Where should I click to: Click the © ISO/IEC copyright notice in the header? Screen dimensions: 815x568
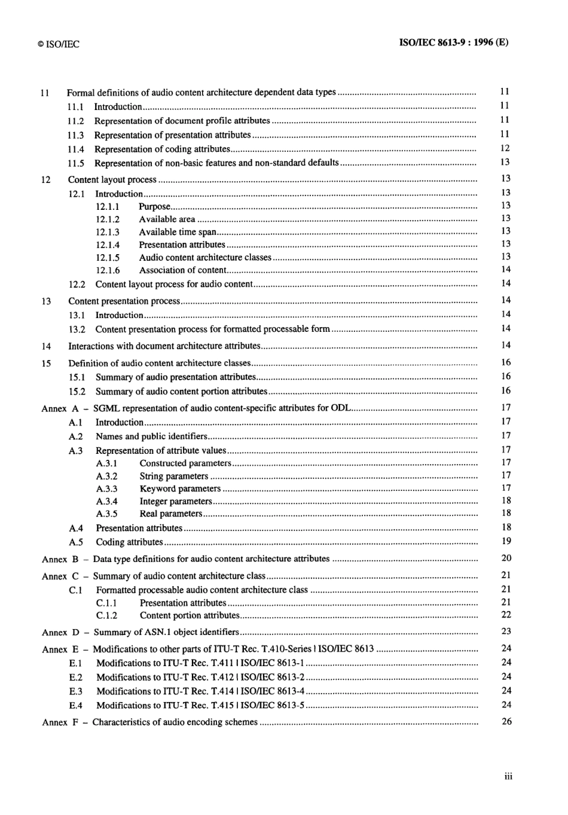pyautogui.click(x=58, y=44)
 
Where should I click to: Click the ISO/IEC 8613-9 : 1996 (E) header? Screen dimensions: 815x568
pyautogui.click(x=453, y=43)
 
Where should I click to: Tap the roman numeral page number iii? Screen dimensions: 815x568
pyautogui.click(x=508, y=776)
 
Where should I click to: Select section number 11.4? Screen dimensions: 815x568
pyautogui.click(x=75, y=149)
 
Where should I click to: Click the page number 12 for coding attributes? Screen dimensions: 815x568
pyautogui.click(x=505, y=148)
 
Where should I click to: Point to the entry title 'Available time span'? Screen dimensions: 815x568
pyautogui.click(x=178, y=232)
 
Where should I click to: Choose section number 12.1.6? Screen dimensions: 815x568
pyautogui.click(x=108, y=270)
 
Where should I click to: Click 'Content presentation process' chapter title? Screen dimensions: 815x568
pyautogui.click(x=124, y=301)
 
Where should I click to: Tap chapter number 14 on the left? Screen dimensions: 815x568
pyautogui.click(x=46, y=346)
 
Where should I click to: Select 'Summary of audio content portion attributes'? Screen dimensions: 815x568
pyautogui.click(x=181, y=392)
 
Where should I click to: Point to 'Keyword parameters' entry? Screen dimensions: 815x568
pyautogui.click(x=180, y=489)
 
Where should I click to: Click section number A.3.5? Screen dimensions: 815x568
pyautogui.click(x=106, y=514)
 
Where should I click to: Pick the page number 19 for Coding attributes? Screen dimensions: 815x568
pyautogui.click(x=506, y=541)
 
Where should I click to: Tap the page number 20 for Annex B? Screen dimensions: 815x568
pyautogui.click(x=506, y=558)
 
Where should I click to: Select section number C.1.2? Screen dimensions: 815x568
pyautogui.click(x=106, y=615)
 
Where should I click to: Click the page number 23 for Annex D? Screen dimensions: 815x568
pyautogui.click(x=506, y=631)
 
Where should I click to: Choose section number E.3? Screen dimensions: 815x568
pyautogui.click(x=76, y=691)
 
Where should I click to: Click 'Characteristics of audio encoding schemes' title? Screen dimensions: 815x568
pyautogui.click(x=175, y=722)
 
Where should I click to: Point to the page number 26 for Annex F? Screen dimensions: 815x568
pyautogui.click(x=506, y=722)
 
